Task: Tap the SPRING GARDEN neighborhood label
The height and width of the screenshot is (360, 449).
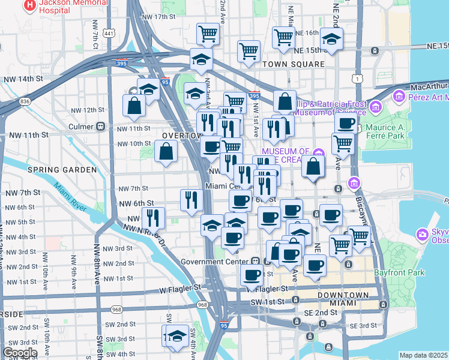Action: pos(62,170)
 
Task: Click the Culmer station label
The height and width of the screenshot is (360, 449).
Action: pos(79,127)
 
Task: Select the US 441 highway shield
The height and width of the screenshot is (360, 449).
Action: pos(109,34)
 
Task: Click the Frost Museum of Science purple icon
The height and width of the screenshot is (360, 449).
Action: pos(376,108)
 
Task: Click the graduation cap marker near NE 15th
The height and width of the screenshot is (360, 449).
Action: pos(330,39)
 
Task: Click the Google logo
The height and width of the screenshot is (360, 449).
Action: pos(20,353)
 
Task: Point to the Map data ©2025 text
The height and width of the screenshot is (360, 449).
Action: pos(423,355)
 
